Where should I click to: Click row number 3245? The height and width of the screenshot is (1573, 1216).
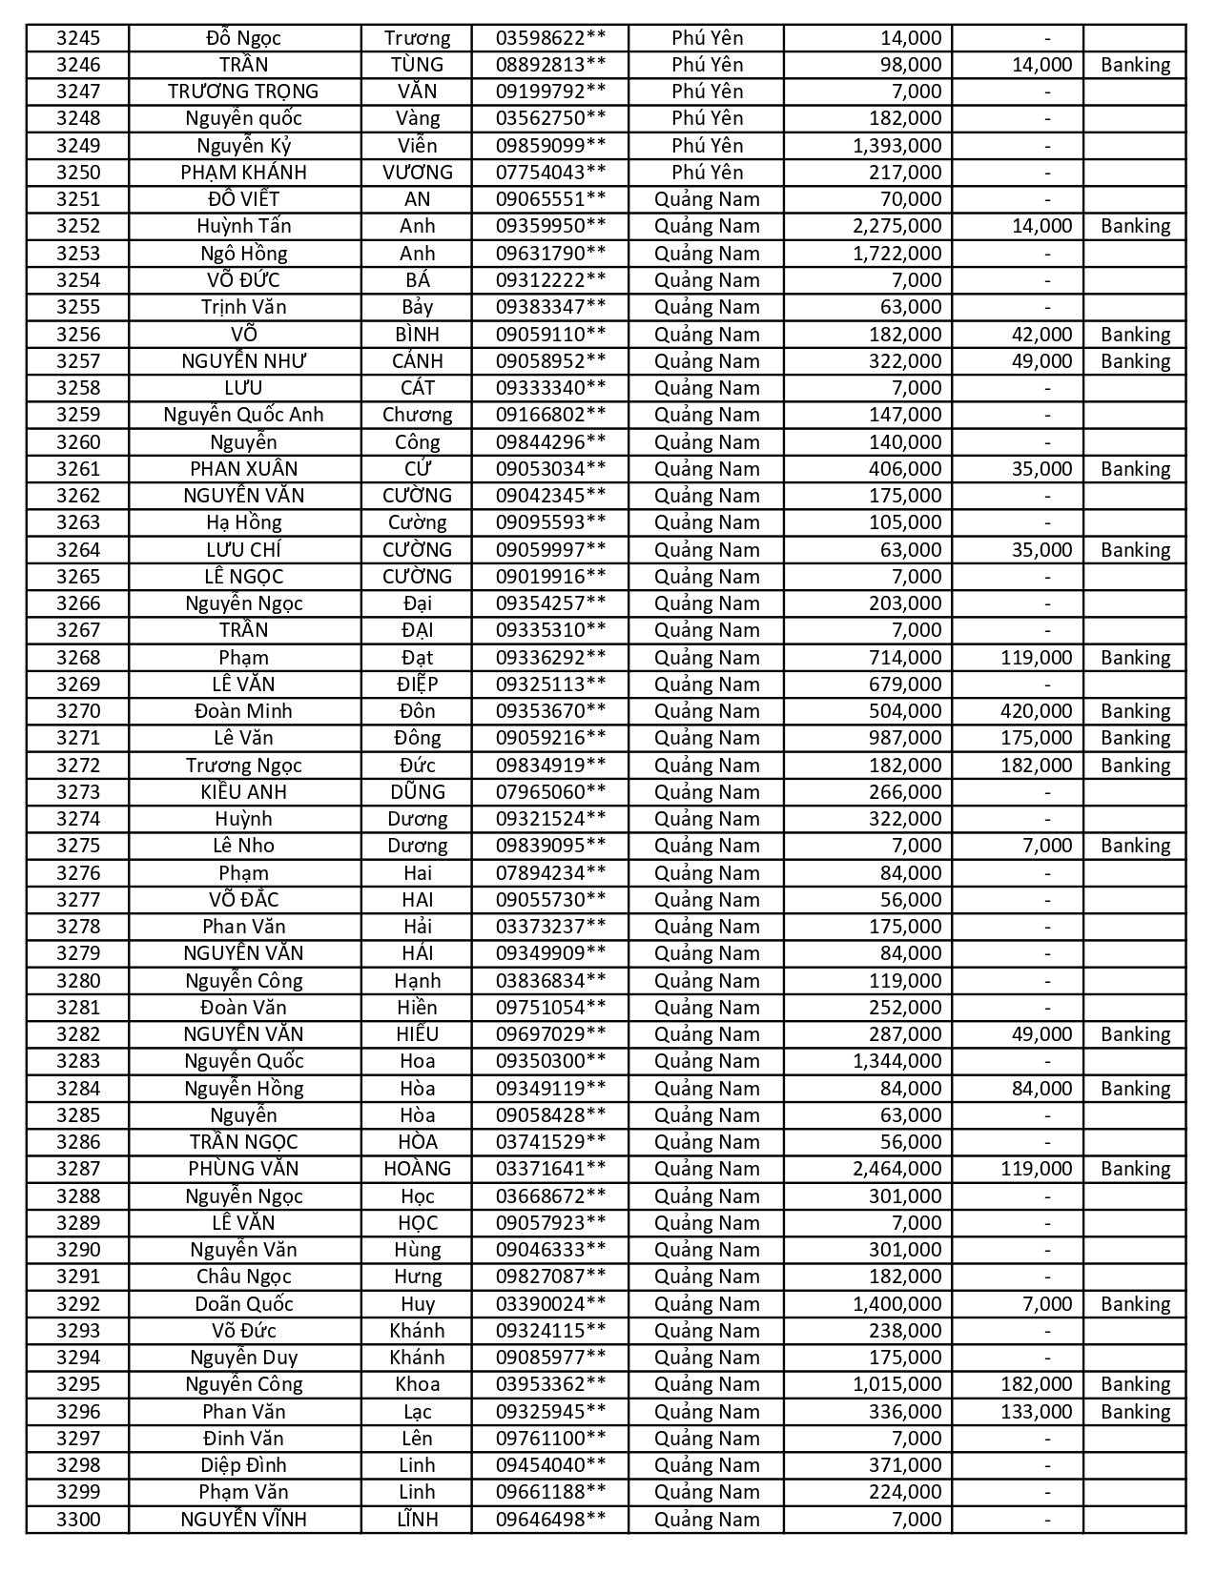click(78, 38)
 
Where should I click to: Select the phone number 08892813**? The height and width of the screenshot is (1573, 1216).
click(550, 65)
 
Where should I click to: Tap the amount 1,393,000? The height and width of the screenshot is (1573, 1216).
click(897, 146)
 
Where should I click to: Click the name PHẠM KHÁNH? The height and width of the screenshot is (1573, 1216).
click(244, 173)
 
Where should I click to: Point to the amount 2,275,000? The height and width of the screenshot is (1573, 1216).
click(897, 226)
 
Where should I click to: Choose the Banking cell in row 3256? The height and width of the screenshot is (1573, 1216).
click(1135, 335)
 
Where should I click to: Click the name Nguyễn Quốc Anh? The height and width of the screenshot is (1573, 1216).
click(244, 415)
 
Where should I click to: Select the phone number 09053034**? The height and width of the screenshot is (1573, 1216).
click(550, 469)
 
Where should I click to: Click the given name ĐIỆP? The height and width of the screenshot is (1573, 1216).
click(417, 684)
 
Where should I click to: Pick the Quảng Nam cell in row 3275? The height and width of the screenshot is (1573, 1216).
click(707, 846)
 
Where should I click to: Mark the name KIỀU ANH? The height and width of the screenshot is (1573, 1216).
click(244, 792)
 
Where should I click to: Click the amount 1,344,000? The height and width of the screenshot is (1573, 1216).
click(897, 1061)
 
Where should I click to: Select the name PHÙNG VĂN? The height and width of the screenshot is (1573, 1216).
click(244, 1169)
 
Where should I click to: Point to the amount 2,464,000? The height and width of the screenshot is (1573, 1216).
click(897, 1169)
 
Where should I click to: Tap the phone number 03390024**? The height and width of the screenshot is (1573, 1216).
click(550, 1304)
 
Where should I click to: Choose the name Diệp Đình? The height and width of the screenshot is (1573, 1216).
click(244, 1465)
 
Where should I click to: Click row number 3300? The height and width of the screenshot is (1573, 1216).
click(78, 1520)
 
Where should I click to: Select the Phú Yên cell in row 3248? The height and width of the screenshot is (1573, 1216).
click(707, 118)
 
